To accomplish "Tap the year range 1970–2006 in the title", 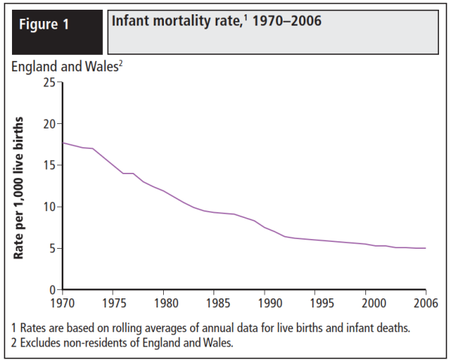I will coord(289,21).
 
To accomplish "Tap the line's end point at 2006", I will coord(425,248).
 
